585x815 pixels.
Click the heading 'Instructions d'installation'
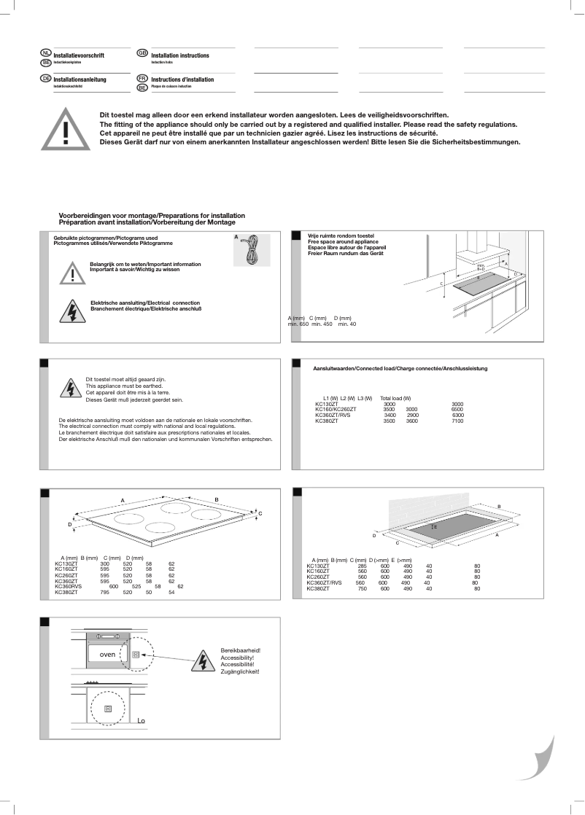pos(182,79)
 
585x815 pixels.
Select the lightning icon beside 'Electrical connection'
pos(72,310)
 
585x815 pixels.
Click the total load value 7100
pos(457,421)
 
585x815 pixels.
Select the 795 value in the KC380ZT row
pos(104,593)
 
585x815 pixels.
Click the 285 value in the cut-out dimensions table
pos(362,565)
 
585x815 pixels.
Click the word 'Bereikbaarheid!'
pos(240,650)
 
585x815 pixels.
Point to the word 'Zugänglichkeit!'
pos(240,671)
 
